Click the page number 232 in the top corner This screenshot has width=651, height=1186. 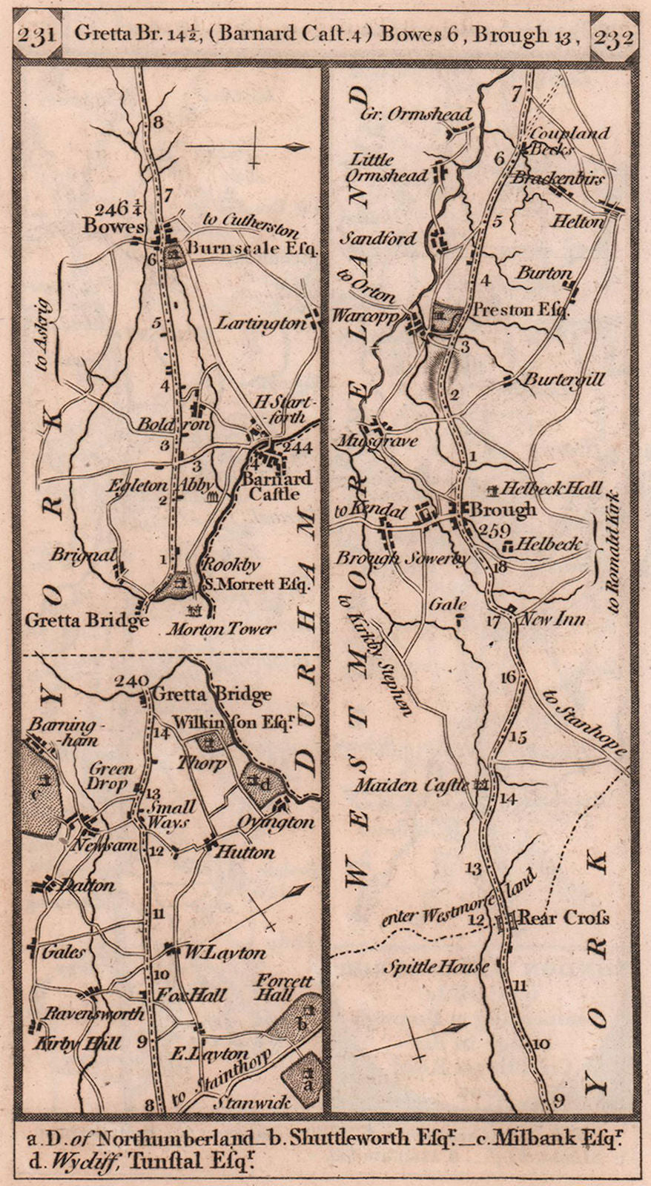tap(612, 36)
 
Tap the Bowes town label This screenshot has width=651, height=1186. tap(113, 225)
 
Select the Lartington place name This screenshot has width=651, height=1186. tap(262, 323)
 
